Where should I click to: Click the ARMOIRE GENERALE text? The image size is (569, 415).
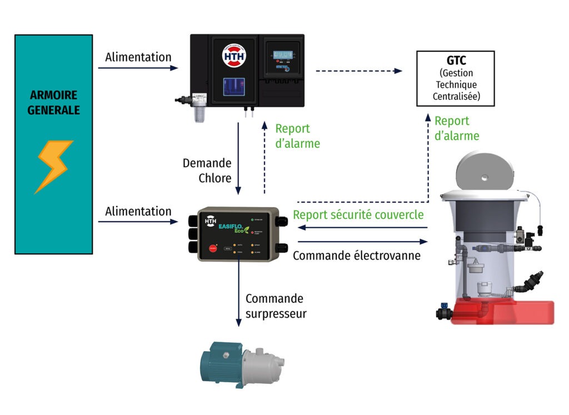click(54, 103)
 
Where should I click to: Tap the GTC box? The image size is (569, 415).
click(455, 78)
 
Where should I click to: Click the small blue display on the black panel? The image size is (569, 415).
click(283, 54)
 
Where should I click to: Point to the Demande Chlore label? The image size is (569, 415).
click(207, 171)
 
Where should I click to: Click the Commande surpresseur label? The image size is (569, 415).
click(276, 306)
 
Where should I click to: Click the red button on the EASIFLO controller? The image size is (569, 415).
click(212, 248)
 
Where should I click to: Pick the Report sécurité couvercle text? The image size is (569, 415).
click(358, 215)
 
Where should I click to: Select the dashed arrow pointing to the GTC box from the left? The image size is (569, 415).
click(358, 71)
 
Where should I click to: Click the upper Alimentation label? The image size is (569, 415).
click(138, 57)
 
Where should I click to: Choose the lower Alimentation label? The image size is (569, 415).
click(138, 211)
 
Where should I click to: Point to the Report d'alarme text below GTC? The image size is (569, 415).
click(456, 128)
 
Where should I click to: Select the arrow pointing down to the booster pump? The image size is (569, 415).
click(239, 294)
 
